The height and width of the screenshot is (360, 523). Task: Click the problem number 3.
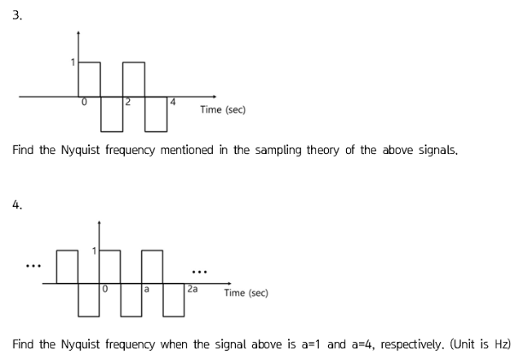coord(17,17)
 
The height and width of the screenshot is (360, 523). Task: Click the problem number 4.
coord(17,204)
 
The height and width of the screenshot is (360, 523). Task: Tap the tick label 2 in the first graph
coord(127,103)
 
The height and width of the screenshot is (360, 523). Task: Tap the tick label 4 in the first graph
coord(173,103)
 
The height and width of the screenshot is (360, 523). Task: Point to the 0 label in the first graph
coord(84,103)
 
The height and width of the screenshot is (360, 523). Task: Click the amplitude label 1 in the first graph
coord(73,62)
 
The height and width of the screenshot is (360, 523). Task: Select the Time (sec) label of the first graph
coord(222,109)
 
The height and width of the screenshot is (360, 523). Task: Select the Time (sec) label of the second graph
coord(246,292)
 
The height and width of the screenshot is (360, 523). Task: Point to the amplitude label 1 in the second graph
coord(96,250)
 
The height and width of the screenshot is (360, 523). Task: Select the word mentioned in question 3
coord(191,150)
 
